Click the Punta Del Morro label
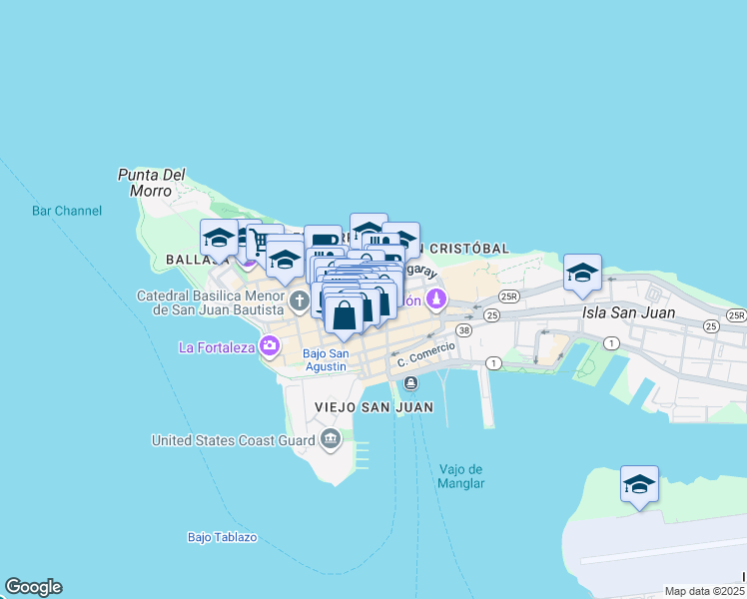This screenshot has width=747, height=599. point(152,182)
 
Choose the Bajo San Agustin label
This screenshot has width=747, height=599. point(325,359)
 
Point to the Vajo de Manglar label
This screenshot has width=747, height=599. point(461,476)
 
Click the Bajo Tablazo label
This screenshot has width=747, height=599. point(222,537)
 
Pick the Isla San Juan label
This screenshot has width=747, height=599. point(628,312)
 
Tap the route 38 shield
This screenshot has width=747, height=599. point(463,329)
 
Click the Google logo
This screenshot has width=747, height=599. point(33,587)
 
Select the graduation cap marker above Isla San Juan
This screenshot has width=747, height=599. point(582,273)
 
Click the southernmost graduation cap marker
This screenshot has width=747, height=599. point(639,484)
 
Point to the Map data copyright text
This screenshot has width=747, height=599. point(704,591)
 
